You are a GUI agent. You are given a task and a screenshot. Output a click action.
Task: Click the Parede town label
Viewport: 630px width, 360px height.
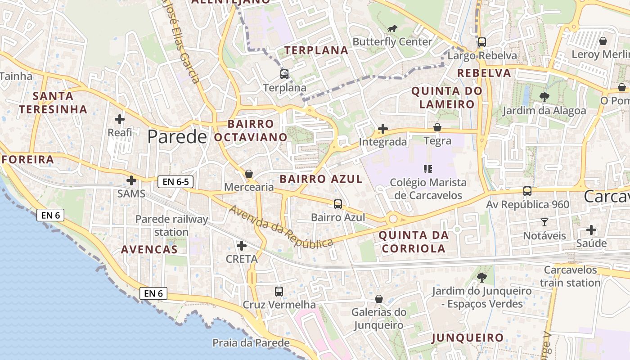point(177,136)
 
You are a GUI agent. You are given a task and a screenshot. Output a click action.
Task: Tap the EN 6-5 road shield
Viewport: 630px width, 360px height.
point(175,182)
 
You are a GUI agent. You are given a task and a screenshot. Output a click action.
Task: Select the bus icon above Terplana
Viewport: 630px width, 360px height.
point(284,74)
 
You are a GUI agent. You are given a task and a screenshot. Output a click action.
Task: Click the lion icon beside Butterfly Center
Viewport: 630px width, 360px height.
point(392,29)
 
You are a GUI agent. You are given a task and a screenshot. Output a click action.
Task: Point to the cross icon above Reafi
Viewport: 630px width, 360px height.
point(120,119)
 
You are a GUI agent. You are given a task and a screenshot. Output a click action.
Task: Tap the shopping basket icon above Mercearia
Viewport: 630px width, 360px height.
point(249,174)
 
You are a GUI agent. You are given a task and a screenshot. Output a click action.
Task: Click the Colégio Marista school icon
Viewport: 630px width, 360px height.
point(428,169)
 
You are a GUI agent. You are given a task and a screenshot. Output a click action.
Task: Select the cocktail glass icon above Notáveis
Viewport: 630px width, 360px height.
point(544,222)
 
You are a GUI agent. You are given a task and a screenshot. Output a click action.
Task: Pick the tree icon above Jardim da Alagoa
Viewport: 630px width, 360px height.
point(544,97)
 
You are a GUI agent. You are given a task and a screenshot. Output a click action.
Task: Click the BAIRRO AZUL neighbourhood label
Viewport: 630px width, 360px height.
point(321,179)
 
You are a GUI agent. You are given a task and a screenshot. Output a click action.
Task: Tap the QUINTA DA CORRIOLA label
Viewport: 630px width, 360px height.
point(414,242)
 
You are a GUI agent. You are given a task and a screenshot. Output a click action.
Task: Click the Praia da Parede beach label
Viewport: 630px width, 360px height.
point(251,343)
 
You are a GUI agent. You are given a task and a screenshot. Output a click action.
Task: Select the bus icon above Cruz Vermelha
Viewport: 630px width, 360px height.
point(279,291)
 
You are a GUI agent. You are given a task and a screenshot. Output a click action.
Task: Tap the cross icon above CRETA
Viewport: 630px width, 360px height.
point(242,246)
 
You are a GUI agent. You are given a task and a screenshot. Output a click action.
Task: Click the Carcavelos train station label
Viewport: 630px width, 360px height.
point(570,276)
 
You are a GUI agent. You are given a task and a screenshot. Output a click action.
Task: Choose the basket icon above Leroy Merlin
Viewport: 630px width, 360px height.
point(603,41)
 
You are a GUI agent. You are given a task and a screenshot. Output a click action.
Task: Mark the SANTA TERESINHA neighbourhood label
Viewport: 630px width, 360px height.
point(53,103)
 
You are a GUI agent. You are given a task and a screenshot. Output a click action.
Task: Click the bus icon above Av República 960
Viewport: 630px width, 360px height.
point(527,191)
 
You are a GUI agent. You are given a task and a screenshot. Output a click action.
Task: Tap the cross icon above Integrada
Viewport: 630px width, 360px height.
point(383,129)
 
